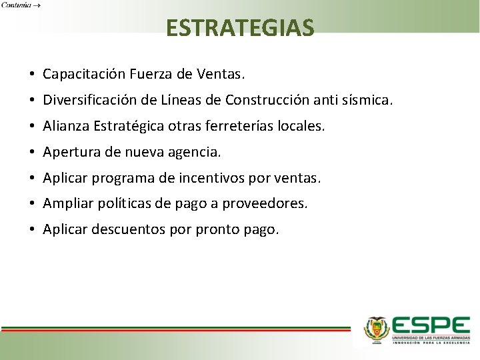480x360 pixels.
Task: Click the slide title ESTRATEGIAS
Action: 240,28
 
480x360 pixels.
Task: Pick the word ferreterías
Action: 254,126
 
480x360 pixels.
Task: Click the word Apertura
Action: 71,152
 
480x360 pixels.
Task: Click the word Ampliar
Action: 67,204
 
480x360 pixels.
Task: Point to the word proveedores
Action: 269,204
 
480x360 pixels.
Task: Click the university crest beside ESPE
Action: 377,329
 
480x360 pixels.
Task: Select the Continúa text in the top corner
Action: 19,5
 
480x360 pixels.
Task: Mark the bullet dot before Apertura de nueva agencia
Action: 31,153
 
